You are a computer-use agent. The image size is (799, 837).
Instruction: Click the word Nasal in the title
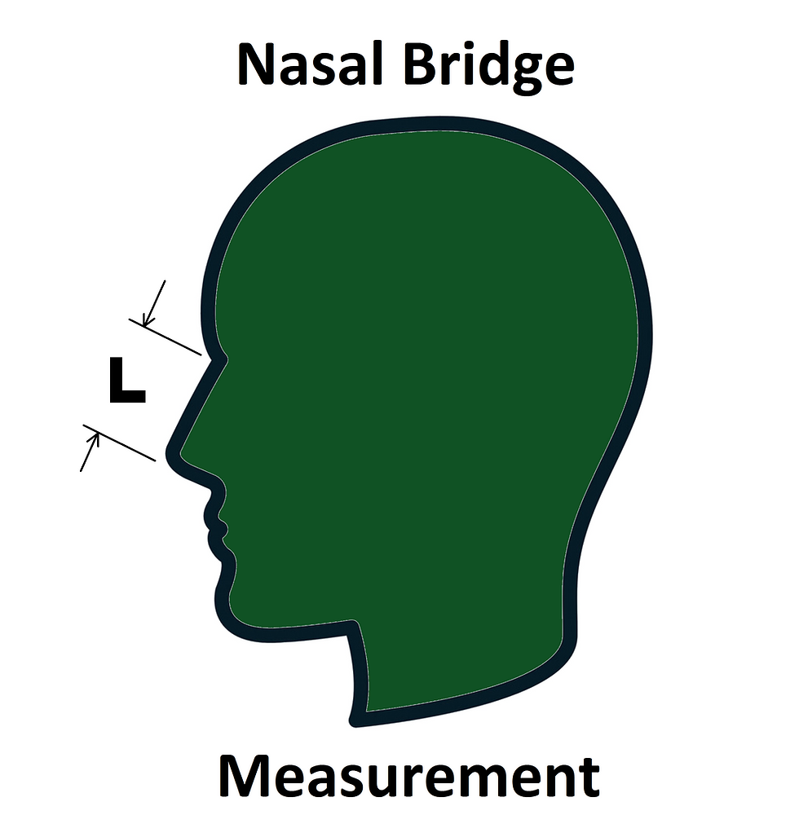(x=311, y=64)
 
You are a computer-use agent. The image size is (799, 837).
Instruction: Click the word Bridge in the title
(x=488, y=68)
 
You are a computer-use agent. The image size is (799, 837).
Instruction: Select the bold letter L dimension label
(x=126, y=380)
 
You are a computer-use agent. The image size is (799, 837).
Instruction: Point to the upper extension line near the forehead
(x=165, y=337)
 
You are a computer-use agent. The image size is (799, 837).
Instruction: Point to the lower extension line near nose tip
(x=119, y=443)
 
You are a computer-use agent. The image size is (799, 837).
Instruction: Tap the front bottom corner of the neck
(x=355, y=720)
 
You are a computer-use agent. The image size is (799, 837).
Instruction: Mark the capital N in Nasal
(x=256, y=64)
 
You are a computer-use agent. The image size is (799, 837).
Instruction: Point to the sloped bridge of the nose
(x=197, y=403)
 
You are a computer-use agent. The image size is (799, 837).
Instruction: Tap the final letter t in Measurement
(x=589, y=781)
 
